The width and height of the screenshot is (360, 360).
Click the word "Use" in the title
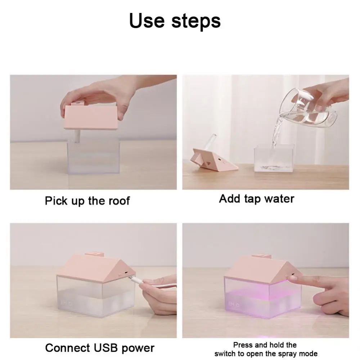point(147,21)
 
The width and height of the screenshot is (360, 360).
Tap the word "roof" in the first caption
point(119,201)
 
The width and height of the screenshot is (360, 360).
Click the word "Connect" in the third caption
point(68,348)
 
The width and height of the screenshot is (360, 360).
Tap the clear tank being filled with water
point(274,158)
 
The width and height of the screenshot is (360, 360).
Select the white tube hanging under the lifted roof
point(77,135)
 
